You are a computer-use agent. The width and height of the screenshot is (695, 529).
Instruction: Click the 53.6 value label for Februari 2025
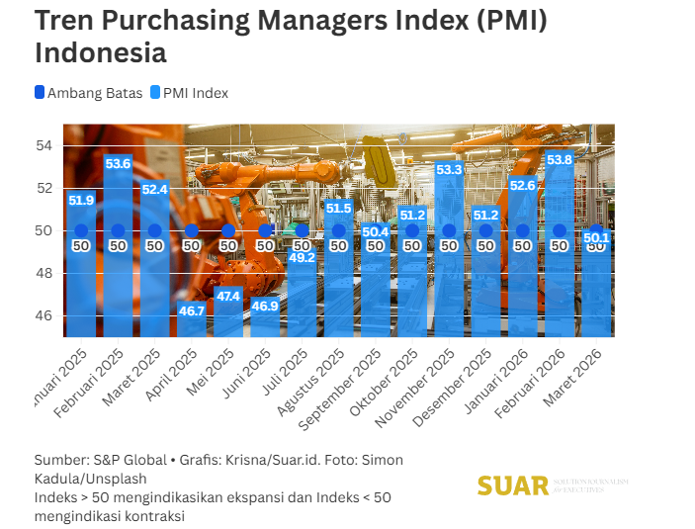118,163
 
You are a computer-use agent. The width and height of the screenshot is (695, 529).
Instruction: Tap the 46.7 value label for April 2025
192,310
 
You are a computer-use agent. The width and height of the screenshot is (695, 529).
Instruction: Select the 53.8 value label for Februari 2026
560,159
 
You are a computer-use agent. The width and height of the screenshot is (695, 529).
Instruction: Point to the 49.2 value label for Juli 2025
302,258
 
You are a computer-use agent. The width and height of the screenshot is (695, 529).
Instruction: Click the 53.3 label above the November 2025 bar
449,170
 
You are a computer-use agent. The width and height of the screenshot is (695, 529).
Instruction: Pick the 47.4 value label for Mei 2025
228,296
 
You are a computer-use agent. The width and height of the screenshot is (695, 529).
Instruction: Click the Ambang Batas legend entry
88,93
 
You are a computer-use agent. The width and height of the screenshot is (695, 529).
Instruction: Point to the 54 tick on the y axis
44,145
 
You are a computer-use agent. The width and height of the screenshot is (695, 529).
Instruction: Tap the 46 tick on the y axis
44,315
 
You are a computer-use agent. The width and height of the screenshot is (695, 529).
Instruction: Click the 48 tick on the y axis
44,273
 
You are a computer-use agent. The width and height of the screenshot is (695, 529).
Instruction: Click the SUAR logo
512,485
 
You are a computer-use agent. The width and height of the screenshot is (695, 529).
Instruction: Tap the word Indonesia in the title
100,51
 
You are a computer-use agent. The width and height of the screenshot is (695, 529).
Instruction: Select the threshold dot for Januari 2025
81,230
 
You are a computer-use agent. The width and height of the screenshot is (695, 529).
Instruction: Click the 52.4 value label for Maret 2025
154,189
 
